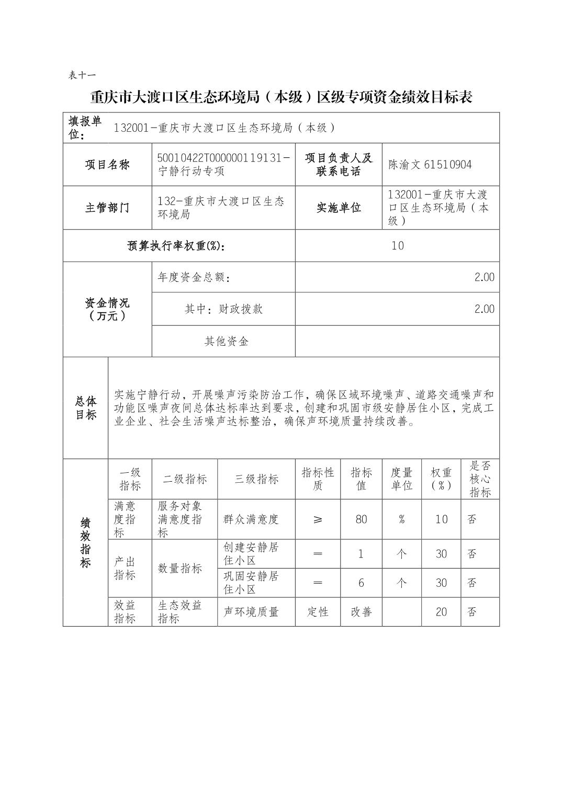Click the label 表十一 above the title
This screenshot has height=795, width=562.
pos(82,75)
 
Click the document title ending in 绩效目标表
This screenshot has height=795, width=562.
pos(281,97)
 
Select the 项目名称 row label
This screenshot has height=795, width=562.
pos(107,165)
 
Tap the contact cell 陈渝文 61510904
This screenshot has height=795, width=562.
pos(430,165)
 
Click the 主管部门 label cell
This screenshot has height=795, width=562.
pos(107,208)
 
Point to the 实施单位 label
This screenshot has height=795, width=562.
pos(339,208)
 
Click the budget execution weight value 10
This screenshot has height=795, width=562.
pos(397,246)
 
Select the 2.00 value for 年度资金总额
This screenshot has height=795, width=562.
pos(484,277)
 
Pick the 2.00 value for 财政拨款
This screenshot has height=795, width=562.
pos(484,309)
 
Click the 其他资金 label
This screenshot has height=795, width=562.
pos(226,342)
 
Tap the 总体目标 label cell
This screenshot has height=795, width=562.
pos(86,408)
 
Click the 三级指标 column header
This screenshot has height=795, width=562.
pos(256,479)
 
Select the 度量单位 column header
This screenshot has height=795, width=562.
pos(401,479)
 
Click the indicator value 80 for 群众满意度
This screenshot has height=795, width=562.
pos(361,519)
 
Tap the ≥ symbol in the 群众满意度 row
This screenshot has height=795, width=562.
pos(318,519)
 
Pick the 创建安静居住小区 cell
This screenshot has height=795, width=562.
pos(251,554)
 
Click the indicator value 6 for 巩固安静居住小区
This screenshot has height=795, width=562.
pos(361,583)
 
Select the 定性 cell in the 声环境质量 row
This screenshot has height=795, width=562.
pos(318,612)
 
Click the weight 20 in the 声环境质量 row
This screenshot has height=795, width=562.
pos(441,612)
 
